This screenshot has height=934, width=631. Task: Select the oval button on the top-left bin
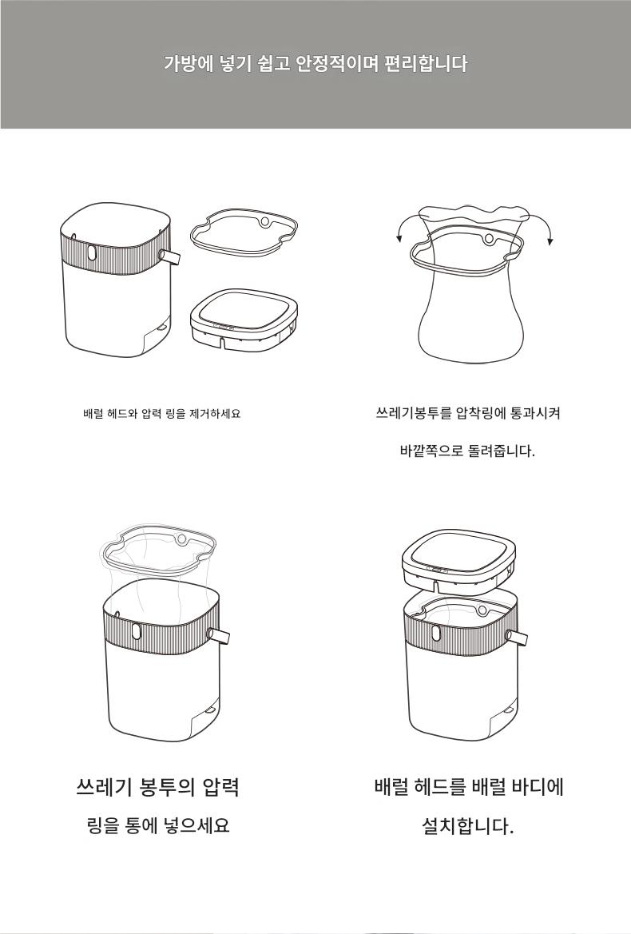[x=90, y=252]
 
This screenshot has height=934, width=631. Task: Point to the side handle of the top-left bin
[x=169, y=256]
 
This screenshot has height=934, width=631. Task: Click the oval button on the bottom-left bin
[x=136, y=631]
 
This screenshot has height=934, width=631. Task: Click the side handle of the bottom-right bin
[x=516, y=638]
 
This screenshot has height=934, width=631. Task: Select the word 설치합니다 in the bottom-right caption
[x=467, y=826]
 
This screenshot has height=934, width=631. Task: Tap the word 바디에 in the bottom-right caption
[x=537, y=788]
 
